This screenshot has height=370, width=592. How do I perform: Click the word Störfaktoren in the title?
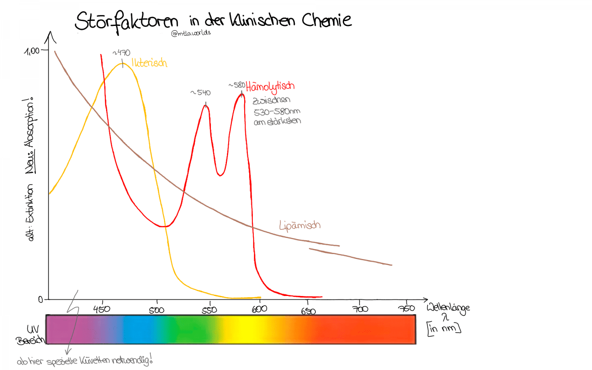click(126, 21)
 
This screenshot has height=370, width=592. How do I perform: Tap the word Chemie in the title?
click(327, 20)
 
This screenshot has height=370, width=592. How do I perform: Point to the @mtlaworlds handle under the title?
click(191, 33)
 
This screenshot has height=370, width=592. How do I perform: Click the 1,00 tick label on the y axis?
click(32, 51)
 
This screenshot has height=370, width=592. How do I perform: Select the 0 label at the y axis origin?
click(41, 299)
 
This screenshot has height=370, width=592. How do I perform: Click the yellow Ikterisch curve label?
click(149, 63)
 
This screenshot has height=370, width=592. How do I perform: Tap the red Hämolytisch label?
click(270, 87)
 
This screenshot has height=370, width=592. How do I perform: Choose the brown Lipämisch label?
click(299, 225)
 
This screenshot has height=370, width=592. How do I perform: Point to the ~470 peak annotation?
click(122, 53)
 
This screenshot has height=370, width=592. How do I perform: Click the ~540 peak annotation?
click(201, 92)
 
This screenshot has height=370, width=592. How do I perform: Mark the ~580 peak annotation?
click(237, 85)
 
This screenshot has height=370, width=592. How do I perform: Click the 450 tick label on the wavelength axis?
click(102, 309)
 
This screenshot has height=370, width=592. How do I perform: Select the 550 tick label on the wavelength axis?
click(209, 310)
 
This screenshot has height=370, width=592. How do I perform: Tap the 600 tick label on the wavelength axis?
click(259, 309)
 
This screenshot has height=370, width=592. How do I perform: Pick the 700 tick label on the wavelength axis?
click(360, 308)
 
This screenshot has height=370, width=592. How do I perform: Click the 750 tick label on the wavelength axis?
click(407, 308)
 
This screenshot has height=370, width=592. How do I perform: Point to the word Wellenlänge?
click(448, 308)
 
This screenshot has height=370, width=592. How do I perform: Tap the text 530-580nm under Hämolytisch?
click(277, 111)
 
